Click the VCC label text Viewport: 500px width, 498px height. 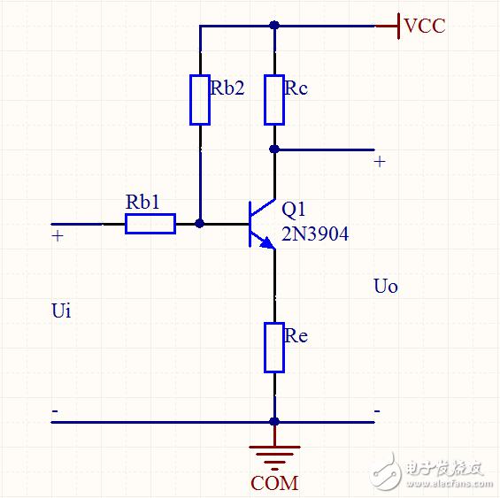coord(425,26)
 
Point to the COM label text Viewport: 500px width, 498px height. coord(274,483)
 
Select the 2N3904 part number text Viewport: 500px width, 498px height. coord(315,234)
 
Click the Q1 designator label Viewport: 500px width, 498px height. coord(294,211)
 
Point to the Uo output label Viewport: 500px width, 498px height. coord(386,286)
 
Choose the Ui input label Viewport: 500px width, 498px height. coord(61,310)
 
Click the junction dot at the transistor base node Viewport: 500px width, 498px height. coord(200,224)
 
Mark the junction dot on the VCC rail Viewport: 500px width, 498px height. coord(274,25)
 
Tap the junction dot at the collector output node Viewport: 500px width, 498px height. coord(274,149)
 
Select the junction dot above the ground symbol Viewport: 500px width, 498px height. coord(274,422)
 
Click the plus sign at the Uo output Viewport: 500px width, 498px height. coord(380,162)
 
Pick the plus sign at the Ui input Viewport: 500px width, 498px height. coord(58,236)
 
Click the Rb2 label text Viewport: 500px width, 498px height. coord(227,88)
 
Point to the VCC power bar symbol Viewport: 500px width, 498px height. coord(398,26)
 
